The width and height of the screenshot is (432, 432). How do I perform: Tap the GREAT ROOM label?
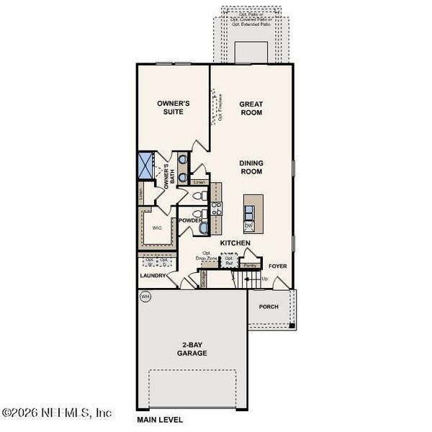251,107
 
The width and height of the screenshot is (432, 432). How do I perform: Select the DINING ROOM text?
251,167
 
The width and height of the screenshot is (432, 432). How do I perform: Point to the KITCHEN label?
235,243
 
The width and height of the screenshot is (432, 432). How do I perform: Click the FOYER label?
278,266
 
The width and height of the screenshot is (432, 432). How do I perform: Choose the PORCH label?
268,306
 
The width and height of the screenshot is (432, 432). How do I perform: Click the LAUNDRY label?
153,275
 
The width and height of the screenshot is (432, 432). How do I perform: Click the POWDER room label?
191,220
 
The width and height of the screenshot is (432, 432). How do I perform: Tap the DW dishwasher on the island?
248,226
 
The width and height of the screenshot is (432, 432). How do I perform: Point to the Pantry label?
251,266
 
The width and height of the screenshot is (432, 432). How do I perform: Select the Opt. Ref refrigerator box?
230,261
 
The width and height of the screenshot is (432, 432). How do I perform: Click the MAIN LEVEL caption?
160,419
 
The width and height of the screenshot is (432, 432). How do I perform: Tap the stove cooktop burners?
217,208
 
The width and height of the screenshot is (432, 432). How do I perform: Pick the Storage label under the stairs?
204,280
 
